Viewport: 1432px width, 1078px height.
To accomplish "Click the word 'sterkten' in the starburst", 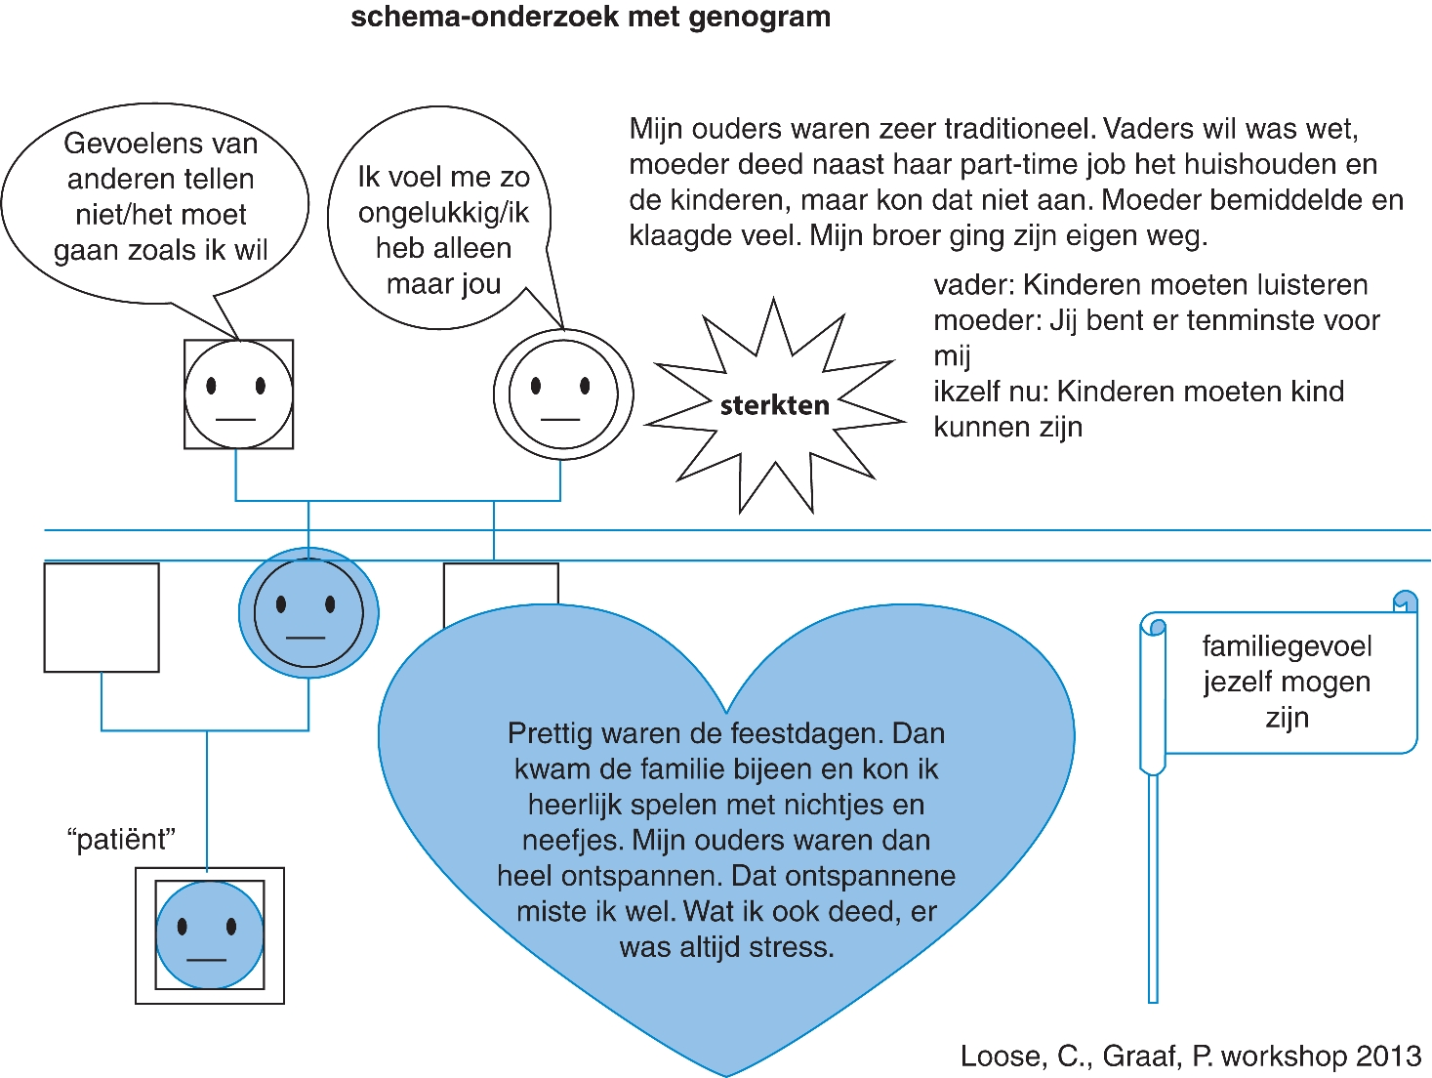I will tap(774, 405).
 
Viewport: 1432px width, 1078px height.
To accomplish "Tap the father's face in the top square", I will tap(238, 394).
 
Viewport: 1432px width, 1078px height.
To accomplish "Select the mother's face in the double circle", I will tap(562, 394).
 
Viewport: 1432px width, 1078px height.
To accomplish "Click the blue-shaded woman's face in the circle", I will tap(308, 613).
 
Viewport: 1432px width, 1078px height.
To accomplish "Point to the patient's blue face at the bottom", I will tap(210, 934).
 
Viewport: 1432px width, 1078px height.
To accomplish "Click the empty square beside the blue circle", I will tap(102, 617).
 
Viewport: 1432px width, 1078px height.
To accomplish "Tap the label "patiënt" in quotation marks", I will tap(121, 840).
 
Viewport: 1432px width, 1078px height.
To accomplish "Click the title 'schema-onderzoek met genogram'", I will tap(591, 17).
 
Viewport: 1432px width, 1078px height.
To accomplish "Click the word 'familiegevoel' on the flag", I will tap(1287, 646).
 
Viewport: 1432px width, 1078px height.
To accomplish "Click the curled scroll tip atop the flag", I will tap(1405, 601).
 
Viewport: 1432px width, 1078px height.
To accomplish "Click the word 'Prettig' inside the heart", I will tap(548, 733).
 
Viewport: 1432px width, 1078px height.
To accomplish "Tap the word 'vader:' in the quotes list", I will tap(972, 285).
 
